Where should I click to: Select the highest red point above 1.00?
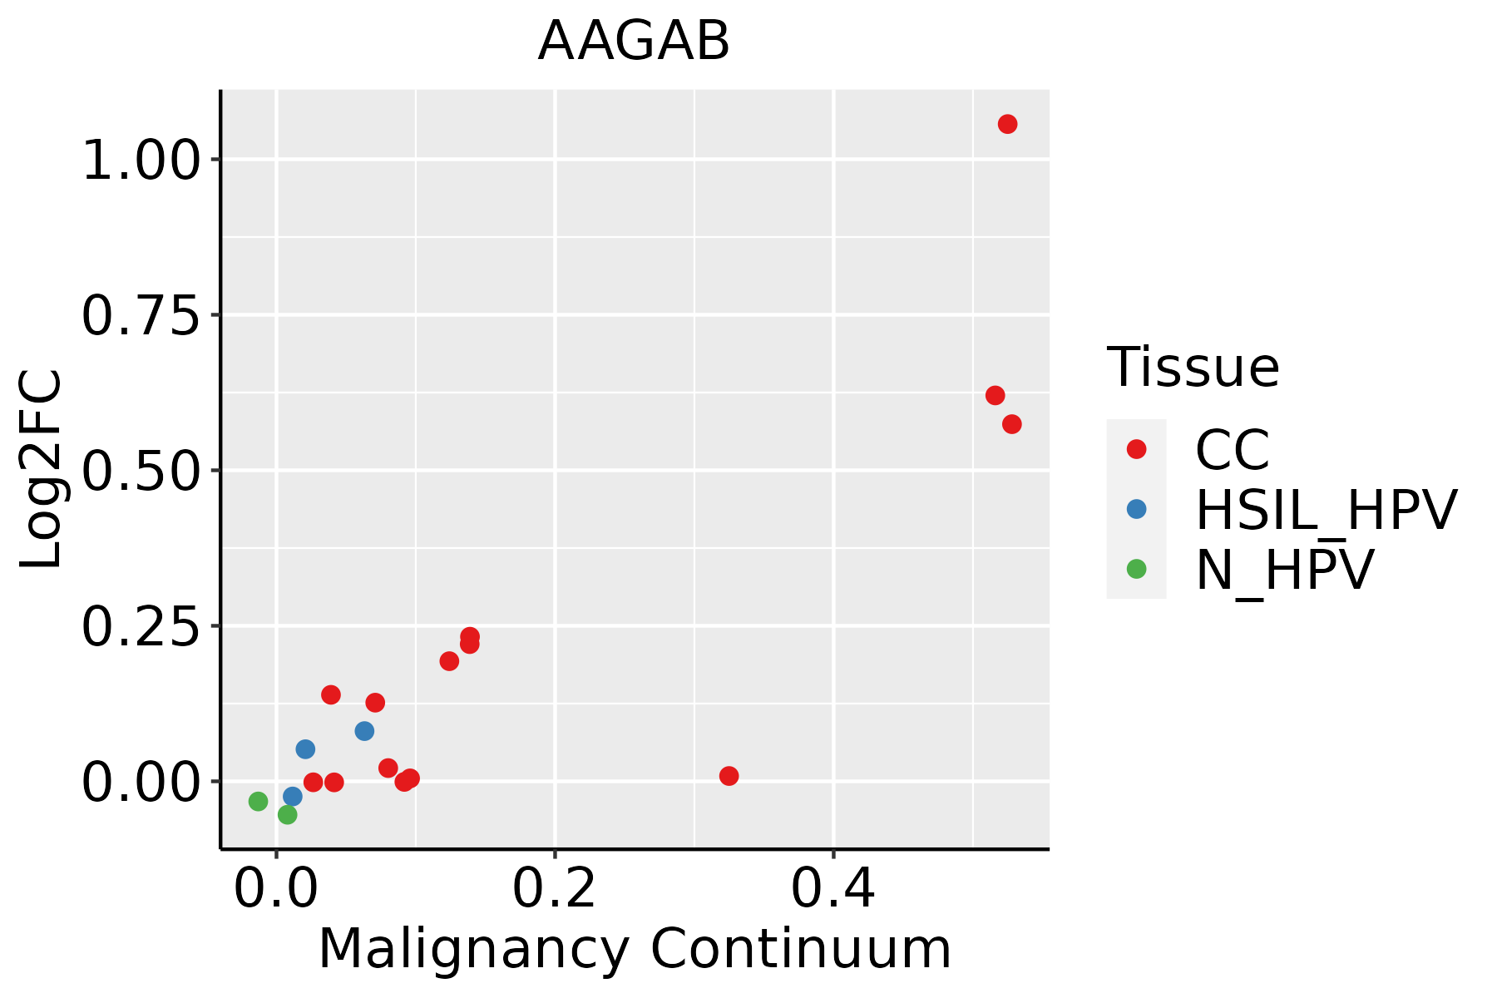(1007, 124)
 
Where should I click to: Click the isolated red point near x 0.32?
(729, 776)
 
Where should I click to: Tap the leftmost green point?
(258, 801)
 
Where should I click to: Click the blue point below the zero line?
(293, 796)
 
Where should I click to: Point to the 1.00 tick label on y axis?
(141, 160)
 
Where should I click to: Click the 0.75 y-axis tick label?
(141, 315)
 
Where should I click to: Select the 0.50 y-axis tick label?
(141, 471)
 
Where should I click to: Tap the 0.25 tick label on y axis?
(141, 626)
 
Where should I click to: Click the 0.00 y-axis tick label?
(141, 782)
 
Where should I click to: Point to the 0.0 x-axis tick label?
(276, 888)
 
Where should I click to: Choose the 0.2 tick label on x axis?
(554, 888)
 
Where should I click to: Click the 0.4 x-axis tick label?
(832, 888)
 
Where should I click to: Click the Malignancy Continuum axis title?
(635, 949)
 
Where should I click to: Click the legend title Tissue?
(1193, 367)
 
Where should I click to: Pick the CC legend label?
(1233, 450)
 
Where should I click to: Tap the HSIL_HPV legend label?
(1326, 510)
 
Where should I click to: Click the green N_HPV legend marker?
(1136, 569)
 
